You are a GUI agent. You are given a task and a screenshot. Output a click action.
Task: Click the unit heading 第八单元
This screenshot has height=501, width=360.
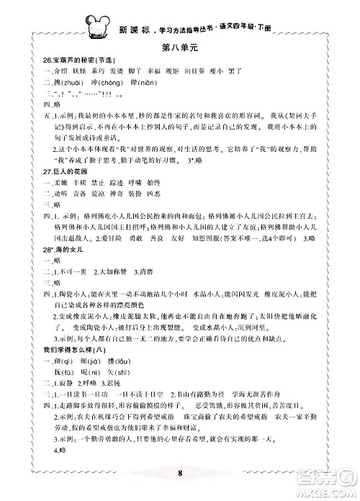(180, 48)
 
